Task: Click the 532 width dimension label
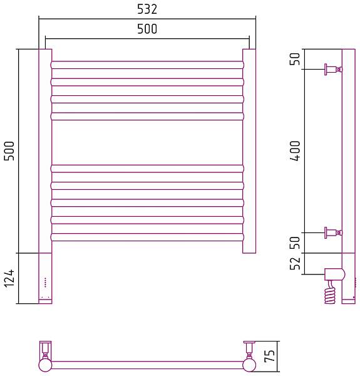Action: [x=147, y=9]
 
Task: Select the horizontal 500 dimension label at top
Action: [x=147, y=29]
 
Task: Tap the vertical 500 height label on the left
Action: [x=9, y=151]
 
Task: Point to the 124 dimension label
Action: [x=9, y=278]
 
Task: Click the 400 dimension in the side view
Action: [x=295, y=151]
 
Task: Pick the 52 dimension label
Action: [x=295, y=263]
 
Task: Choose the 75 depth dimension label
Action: [x=269, y=356]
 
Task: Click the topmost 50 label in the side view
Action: [x=295, y=59]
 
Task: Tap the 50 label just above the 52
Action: [x=295, y=243]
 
